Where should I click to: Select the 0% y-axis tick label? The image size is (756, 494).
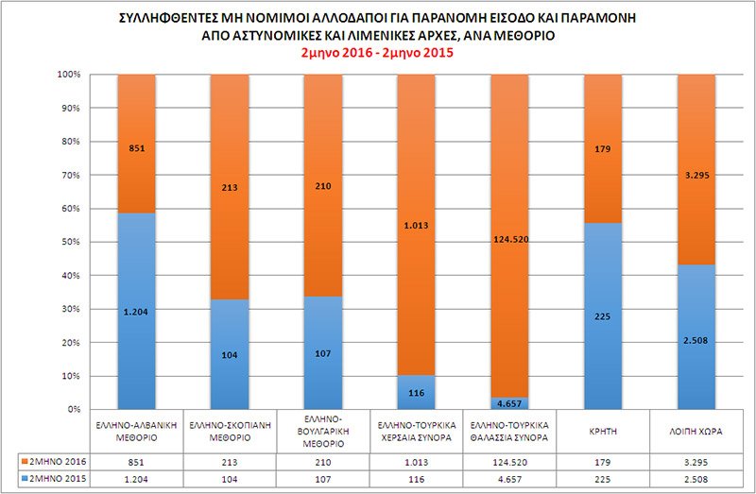(x=71, y=409)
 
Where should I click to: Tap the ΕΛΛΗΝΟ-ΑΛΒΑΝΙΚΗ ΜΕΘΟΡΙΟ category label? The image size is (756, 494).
(x=139, y=431)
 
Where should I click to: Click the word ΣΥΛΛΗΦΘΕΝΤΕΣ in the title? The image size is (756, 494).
(x=169, y=17)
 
